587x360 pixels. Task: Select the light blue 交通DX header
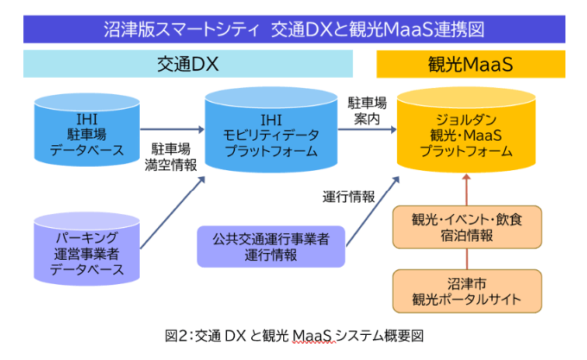coord(188,64)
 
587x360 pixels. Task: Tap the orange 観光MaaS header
coord(470,64)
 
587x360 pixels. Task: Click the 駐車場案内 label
coord(366,111)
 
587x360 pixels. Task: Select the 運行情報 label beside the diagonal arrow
coord(349,196)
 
